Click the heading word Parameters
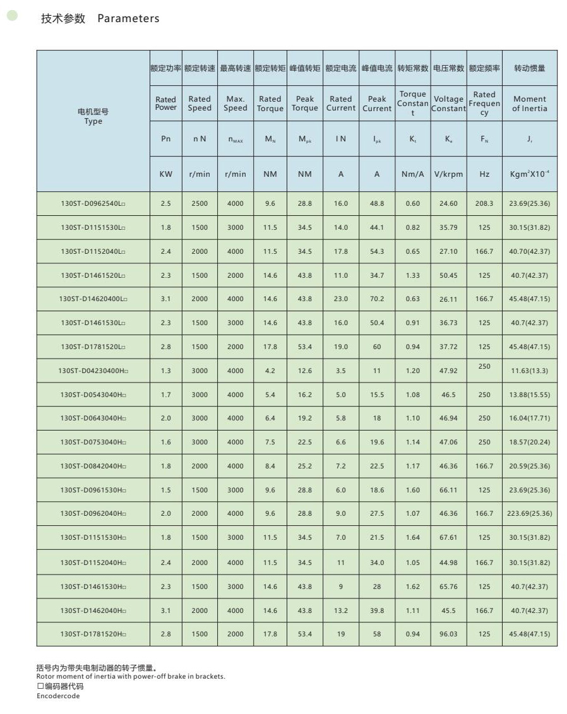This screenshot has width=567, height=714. tap(128, 18)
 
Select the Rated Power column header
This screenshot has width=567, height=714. tap(166, 104)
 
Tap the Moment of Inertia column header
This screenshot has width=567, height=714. tap(530, 104)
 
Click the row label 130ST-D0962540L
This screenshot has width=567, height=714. tap(93, 204)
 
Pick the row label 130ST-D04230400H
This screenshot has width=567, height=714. tap(93, 371)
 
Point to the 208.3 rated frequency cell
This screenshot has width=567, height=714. tap(484, 203)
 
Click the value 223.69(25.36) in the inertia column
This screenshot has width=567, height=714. tap(530, 513)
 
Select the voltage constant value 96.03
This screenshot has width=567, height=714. tap(448, 634)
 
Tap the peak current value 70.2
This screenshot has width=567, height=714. tap(377, 299)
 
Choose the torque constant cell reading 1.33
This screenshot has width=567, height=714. tap(413, 275)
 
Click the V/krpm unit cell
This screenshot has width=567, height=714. tap(449, 174)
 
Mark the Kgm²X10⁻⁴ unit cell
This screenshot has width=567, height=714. tap(530, 174)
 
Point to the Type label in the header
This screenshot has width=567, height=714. tap(93, 121)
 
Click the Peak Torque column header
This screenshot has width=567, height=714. tap(305, 104)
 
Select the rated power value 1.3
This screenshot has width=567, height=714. tap(166, 371)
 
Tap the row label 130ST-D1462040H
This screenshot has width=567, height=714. tap(93, 610)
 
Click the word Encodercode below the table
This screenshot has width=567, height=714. tap(58, 696)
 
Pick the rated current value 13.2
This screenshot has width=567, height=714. tap(341, 610)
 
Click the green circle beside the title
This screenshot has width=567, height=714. tap(12, 16)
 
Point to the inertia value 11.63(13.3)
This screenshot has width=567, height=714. tap(530, 371)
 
